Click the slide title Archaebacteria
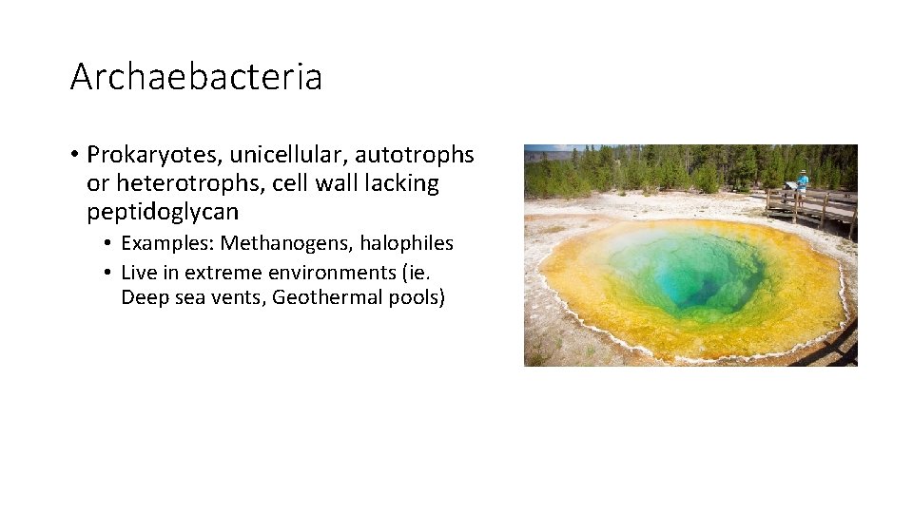tap(196, 77)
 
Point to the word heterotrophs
tap(167, 183)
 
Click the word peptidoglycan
tap(163, 212)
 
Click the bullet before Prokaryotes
tap(73, 155)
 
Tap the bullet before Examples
tap(109, 244)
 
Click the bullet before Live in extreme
tap(109, 273)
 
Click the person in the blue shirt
tap(803, 183)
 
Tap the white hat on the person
tap(804, 173)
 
